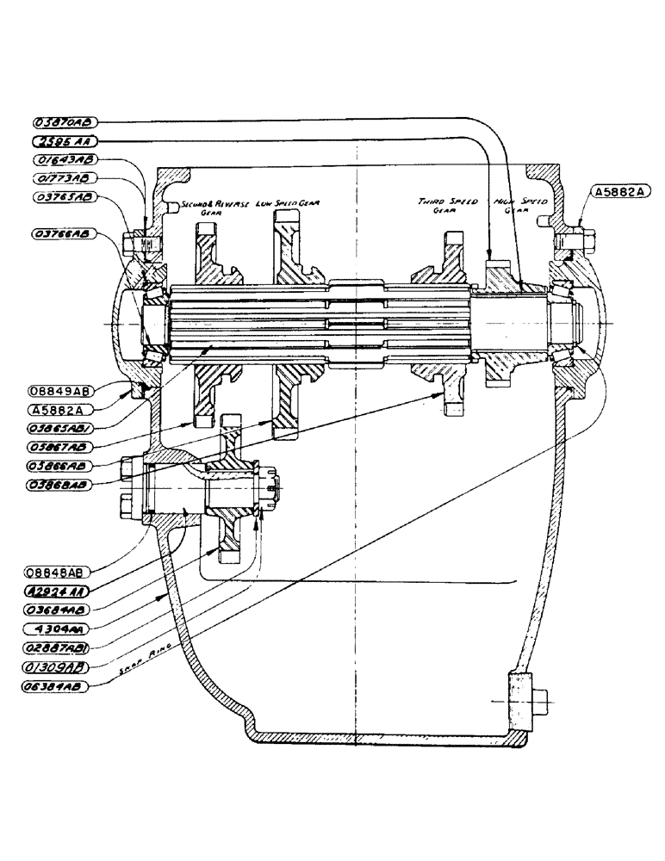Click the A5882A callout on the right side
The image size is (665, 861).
[618, 192]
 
